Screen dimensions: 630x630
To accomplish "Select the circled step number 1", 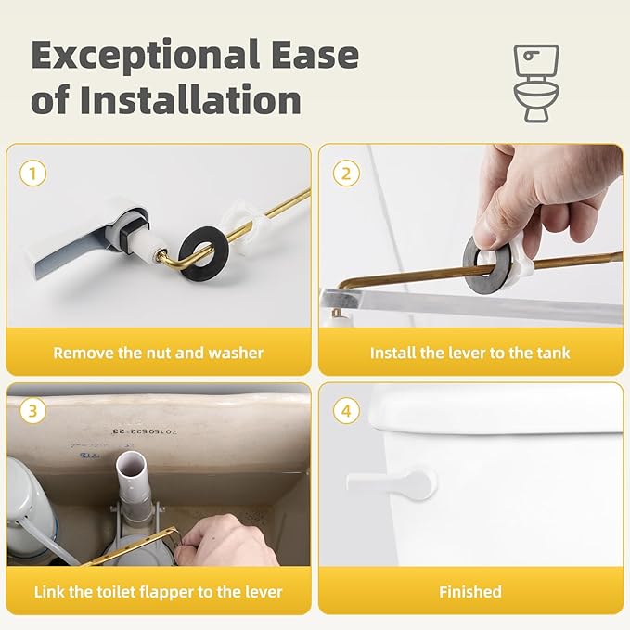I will coord(34,174).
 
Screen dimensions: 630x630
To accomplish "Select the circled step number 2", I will coord(347,174).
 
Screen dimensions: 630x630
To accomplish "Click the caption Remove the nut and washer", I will coord(158,353).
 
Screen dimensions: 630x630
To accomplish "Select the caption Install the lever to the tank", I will coord(469,353).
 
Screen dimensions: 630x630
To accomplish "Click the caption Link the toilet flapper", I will coord(158,591).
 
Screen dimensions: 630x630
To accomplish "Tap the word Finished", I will coord(469,591).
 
